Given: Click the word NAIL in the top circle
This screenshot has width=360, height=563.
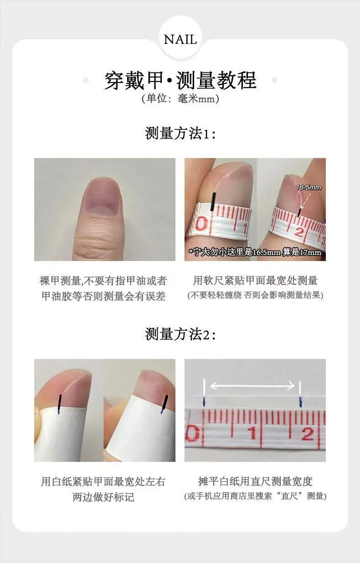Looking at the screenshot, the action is pyautogui.click(x=180, y=40).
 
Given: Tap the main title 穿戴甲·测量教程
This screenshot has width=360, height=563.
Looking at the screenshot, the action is pyautogui.click(x=180, y=80).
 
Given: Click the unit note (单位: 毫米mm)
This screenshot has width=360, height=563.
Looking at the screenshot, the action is pyautogui.click(x=180, y=98).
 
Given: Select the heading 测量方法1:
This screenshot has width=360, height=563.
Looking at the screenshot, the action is pyautogui.click(x=180, y=133).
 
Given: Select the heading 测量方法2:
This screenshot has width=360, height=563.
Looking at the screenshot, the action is pyautogui.click(x=180, y=334).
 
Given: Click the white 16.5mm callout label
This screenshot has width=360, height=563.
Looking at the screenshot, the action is pyautogui.click(x=309, y=187).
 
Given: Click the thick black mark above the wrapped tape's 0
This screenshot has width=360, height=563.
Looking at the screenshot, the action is pyautogui.click(x=213, y=202).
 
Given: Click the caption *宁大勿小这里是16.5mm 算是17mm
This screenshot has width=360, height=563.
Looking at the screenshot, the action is pyautogui.click(x=255, y=252).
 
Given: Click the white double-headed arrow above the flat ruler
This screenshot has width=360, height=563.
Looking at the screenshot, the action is pyautogui.click(x=252, y=386).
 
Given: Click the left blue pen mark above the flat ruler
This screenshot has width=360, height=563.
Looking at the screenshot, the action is pyautogui.click(x=204, y=401).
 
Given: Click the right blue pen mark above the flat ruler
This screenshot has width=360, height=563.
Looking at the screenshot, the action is pyautogui.click(x=300, y=402).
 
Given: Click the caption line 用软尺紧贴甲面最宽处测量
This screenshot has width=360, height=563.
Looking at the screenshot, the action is pyautogui.click(x=255, y=280).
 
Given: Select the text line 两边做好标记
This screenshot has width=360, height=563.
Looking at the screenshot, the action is pyautogui.click(x=103, y=497).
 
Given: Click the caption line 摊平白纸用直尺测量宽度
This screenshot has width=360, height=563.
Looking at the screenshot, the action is pyautogui.click(x=255, y=481).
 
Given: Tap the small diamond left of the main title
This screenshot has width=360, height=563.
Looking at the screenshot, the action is pyautogui.click(x=86, y=81).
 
